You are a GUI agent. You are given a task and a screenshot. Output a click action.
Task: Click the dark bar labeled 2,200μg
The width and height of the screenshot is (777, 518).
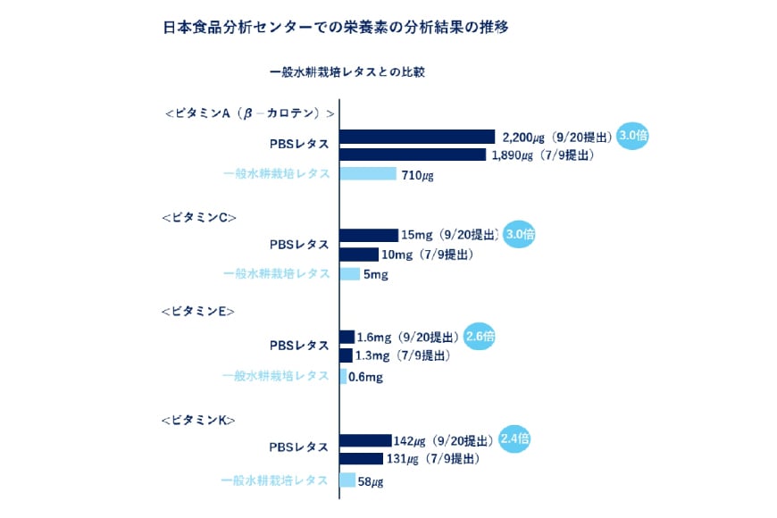417,137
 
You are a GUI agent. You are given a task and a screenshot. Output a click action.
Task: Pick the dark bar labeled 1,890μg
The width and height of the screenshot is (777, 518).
413,155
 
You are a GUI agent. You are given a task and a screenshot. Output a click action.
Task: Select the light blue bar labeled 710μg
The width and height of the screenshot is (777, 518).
368,173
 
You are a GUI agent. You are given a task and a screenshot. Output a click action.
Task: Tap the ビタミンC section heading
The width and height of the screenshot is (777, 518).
198,217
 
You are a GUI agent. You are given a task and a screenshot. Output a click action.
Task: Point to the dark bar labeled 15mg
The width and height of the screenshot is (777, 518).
369,235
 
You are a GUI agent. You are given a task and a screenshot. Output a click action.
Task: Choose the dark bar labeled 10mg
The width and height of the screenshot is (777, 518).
359,255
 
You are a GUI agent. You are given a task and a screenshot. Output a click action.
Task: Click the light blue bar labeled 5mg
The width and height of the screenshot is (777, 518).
349,273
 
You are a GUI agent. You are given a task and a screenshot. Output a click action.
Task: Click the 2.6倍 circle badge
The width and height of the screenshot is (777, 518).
480,337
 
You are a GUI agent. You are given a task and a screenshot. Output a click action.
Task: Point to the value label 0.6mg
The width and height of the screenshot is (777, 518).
365,377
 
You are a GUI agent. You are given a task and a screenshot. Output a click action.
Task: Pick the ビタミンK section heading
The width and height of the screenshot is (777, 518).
197,419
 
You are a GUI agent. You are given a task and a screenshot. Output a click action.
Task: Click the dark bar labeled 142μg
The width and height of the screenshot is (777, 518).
365,440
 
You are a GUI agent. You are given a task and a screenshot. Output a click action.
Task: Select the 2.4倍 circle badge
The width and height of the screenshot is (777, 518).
515,439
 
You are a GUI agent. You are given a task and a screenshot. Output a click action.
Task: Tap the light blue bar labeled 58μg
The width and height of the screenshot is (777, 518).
347,480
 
